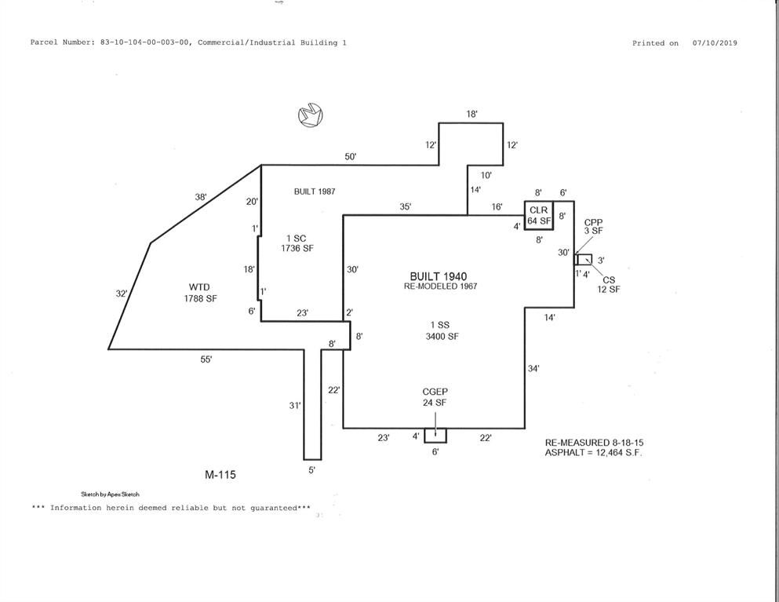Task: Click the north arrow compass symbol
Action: click(311, 115)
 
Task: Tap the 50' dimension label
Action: click(351, 157)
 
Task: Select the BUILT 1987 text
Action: click(315, 192)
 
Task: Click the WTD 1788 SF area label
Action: click(200, 293)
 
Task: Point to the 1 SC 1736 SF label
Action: click(297, 243)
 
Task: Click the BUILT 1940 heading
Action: click(439, 276)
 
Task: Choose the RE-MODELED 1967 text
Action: click(441, 286)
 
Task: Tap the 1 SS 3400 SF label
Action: click(441, 330)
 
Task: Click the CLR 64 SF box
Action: click(539, 216)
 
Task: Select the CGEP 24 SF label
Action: click(435, 397)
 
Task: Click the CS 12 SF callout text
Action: click(609, 284)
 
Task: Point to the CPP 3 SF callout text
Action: click(593, 227)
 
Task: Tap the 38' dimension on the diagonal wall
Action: click(201, 197)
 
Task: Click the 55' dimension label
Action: click(206, 359)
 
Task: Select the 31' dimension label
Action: click(295, 406)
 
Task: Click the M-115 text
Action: click(220, 475)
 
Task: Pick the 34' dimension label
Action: click(533, 369)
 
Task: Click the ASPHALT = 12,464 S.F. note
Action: click(594, 453)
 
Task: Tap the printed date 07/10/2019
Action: click(715, 43)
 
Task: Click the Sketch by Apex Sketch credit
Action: click(111, 494)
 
